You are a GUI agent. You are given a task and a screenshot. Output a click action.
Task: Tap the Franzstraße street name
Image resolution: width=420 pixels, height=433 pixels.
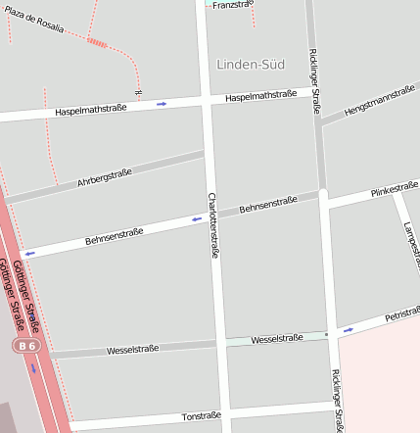coord(232,5)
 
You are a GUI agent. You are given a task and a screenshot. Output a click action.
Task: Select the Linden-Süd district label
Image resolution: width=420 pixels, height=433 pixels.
coord(250,65)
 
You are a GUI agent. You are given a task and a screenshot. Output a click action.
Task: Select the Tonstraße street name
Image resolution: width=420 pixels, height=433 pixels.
coord(202,416)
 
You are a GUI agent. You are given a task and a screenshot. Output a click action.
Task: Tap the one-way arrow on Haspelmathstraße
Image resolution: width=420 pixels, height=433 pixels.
coord(162,103)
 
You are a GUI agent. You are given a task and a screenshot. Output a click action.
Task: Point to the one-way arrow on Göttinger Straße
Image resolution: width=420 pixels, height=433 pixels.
coord(34,368)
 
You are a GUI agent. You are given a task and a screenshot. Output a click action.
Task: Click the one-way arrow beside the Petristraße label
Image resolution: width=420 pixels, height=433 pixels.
coord(349,330)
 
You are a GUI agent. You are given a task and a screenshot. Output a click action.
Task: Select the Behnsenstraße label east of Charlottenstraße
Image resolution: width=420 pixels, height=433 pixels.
coord(268,205)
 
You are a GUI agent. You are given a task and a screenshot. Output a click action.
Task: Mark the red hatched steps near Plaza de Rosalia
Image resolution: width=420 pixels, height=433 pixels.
coord(97,42)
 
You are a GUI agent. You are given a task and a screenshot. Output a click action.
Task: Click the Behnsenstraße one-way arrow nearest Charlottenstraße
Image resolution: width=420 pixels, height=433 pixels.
coord(197,219)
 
